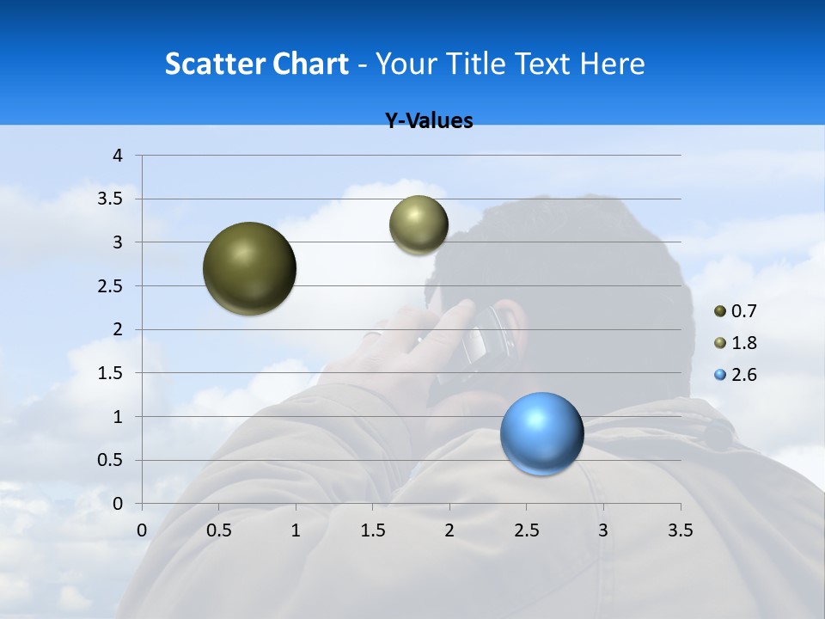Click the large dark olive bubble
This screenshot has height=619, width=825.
coord(250,268)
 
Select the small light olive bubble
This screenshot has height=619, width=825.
coord(419,225)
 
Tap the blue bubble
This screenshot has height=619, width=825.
coord(542,434)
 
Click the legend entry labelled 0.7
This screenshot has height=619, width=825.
coord(736,311)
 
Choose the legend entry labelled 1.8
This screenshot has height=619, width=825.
coord(736,343)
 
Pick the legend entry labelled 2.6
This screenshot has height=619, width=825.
coord(736,375)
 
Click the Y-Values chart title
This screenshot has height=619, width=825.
coord(429,121)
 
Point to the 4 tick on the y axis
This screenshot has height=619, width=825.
coord(119,156)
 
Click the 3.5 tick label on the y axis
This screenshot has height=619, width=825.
coord(112,199)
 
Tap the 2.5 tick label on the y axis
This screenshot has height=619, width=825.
coord(112,286)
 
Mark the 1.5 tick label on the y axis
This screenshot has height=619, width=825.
coord(112,373)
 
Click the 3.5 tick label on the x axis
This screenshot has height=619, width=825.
coord(680,530)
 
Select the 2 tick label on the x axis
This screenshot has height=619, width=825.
coord(449,530)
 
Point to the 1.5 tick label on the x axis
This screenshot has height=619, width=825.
coord(372,530)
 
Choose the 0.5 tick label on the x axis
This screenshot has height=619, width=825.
coord(218,530)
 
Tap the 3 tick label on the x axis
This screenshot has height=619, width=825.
coord(602,530)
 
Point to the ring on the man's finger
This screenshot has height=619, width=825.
coord(372,335)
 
